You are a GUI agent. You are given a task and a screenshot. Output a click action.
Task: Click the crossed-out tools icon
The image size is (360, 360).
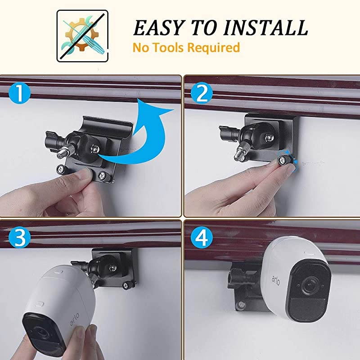[82, 36]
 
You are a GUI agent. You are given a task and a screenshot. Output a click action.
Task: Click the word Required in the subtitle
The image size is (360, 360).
[214, 47]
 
